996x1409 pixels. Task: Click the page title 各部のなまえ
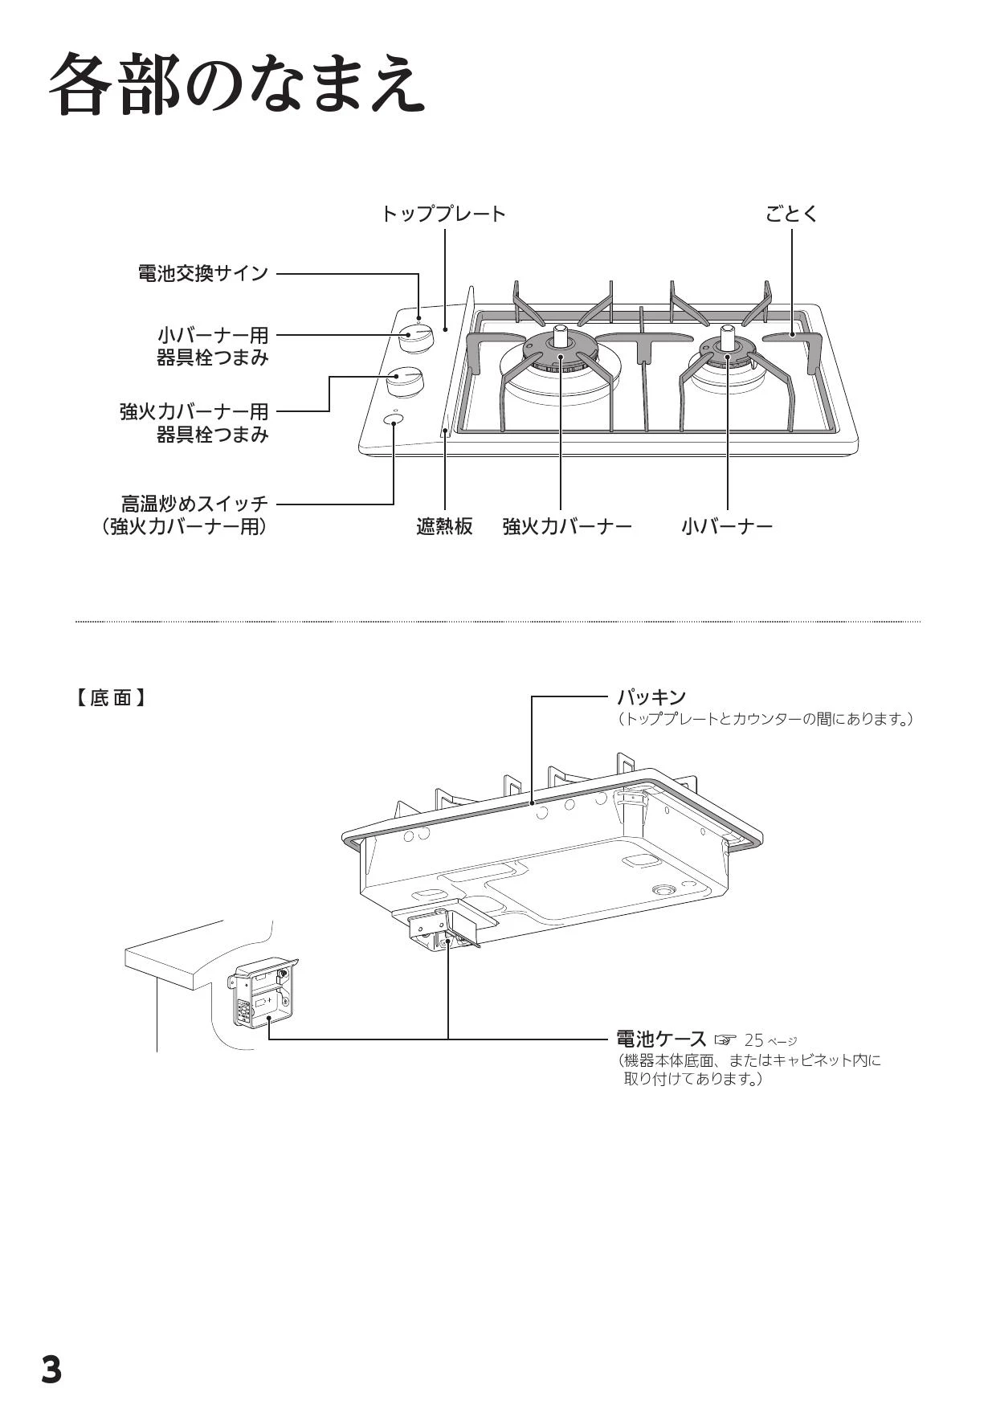click(237, 84)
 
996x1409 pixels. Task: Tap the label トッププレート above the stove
click(443, 214)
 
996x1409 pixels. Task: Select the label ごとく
click(791, 214)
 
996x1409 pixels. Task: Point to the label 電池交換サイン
click(203, 273)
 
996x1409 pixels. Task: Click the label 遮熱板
click(444, 527)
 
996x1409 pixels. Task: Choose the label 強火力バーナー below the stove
click(567, 527)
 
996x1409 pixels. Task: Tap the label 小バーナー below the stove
click(727, 527)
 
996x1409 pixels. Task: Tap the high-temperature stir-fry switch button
click(394, 420)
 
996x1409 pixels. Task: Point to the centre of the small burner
click(727, 345)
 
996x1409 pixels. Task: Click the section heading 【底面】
click(112, 697)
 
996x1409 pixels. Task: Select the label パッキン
click(651, 696)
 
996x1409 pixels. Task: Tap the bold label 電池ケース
click(660, 1039)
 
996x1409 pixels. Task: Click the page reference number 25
click(753, 1041)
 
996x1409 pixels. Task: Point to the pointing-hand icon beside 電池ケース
click(725, 1041)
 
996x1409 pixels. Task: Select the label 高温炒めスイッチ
click(194, 504)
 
